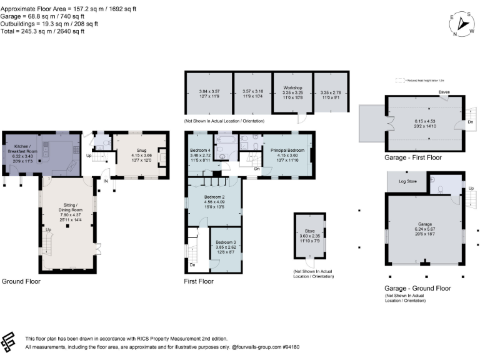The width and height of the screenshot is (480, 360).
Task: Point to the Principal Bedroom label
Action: tap(287, 151)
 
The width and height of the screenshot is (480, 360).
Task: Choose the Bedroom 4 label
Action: tap(200, 151)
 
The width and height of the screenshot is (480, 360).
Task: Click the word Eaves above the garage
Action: tap(444, 91)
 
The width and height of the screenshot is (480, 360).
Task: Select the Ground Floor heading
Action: tap(22, 281)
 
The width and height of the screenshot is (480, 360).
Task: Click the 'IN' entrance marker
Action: tap(106, 181)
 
